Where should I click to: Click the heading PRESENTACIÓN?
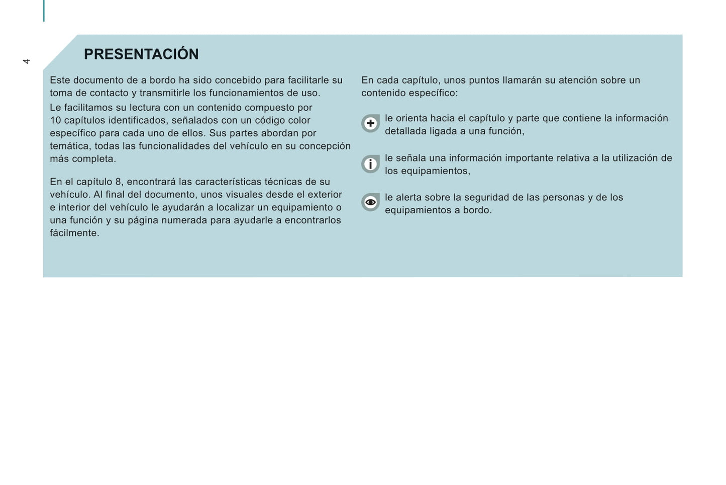[x=141, y=54]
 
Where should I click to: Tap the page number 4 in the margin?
[x=27, y=61]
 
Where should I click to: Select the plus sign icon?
[x=370, y=123]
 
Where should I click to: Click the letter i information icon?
[x=370, y=164]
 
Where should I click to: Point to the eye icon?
[x=370, y=202]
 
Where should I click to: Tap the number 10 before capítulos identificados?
[x=55, y=121]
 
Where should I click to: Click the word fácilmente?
[x=74, y=233]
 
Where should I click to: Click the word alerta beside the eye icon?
[x=409, y=198]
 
